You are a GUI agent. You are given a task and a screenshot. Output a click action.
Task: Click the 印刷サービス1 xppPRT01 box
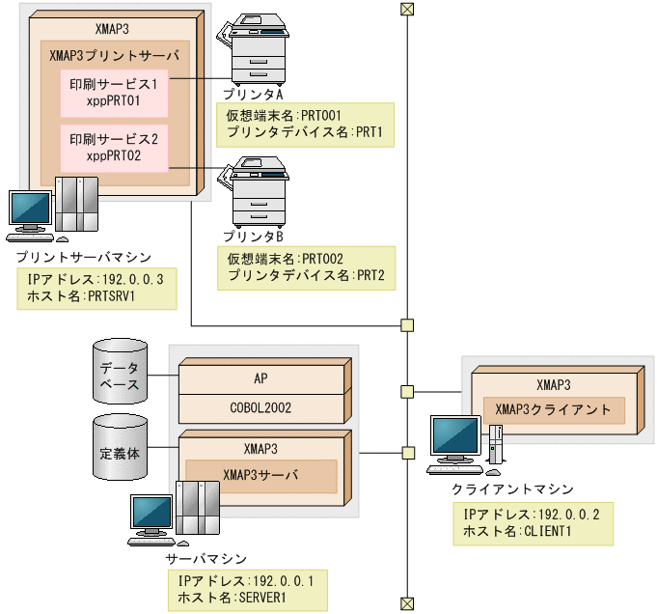[114, 92]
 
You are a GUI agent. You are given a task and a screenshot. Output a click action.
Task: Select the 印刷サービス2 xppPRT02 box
[114, 147]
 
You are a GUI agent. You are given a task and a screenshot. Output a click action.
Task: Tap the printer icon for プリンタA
[258, 54]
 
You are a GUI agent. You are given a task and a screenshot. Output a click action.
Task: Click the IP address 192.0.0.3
[134, 279]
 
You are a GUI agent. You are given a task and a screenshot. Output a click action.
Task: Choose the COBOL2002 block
[260, 407]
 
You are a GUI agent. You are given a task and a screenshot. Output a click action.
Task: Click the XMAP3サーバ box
[260, 475]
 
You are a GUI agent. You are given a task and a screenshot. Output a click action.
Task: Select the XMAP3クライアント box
[553, 409]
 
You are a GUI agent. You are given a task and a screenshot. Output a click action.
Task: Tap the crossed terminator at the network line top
[407, 10]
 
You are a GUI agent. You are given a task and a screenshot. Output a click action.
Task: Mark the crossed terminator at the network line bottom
[407, 603]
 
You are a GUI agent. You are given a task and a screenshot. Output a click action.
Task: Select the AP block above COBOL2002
[260, 379]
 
